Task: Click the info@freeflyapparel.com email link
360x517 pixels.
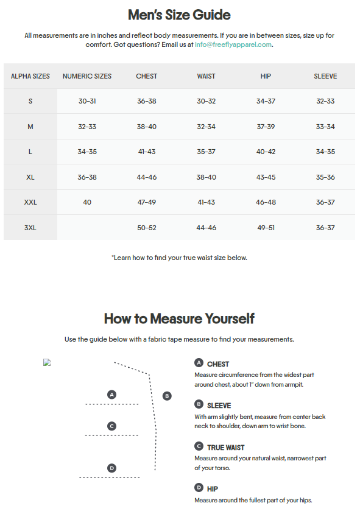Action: pos(233,44)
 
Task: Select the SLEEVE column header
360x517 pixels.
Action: pos(325,76)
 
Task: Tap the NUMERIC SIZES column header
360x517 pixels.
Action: pos(87,76)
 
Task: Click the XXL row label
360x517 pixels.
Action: pos(30,202)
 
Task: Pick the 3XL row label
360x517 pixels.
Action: pos(30,228)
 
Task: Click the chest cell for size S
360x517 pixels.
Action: pos(147,101)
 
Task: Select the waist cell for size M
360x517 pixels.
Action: pos(206,127)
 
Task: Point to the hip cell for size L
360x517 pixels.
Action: pos(266,152)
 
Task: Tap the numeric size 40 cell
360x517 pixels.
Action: pos(87,202)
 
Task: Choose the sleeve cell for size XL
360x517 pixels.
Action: pos(325,177)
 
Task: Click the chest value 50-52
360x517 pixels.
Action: pos(147,228)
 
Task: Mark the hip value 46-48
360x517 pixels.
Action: pos(266,202)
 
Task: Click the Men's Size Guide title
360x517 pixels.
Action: pos(179,15)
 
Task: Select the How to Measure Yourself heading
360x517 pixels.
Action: pos(179,318)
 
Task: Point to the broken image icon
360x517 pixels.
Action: pos(47,362)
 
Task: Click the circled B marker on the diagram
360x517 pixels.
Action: pos(167,396)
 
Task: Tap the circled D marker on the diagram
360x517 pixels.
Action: pos(111,468)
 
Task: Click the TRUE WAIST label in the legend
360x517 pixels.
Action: pos(226,448)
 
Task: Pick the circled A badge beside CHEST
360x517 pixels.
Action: pos(199,363)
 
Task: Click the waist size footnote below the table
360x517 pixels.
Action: pos(179,258)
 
